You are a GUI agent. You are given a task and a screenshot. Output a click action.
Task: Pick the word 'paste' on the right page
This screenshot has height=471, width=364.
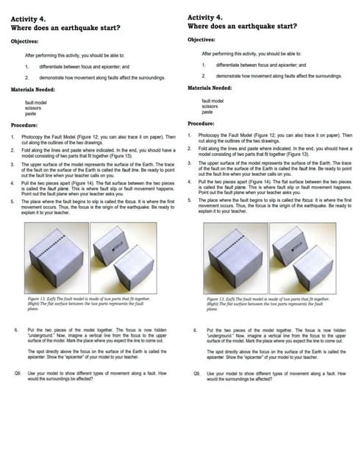[207, 112]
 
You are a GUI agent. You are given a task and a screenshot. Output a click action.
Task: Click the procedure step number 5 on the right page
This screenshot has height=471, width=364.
[190, 199]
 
